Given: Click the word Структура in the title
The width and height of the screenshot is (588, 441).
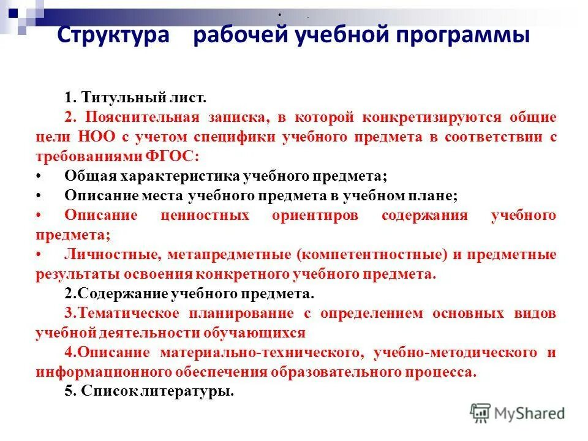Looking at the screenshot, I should pos(113,36).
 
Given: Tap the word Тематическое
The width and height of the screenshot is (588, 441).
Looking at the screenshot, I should pos(126,314).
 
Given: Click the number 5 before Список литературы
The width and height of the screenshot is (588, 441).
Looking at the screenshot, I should pos(68,392).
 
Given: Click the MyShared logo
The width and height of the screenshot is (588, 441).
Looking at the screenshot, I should pos(518,413).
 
